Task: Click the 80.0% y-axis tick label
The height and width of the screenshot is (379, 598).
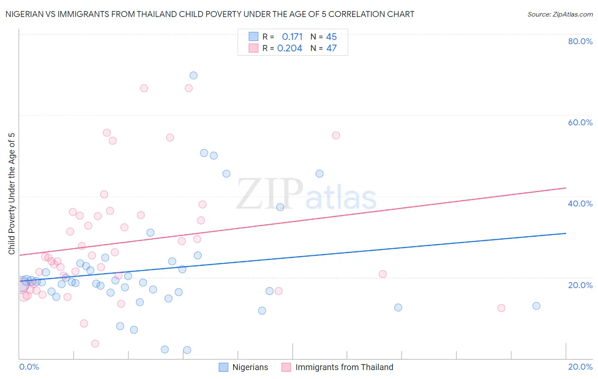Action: [x=580, y=41]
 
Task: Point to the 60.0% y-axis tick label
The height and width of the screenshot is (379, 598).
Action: [x=580, y=122]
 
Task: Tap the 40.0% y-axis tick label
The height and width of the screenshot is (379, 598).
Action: [x=580, y=204]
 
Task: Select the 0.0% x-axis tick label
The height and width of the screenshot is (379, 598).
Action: [x=29, y=367]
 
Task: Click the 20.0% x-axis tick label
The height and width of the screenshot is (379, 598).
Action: [x=580, y=367]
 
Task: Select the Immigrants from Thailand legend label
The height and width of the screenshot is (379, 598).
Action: [x=344, y=367]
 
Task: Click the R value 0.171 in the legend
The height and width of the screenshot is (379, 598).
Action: [x=292, y=37]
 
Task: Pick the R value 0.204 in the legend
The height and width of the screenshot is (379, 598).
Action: [x=290, y=48]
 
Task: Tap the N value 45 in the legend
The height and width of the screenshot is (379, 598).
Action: [x=331, y=37]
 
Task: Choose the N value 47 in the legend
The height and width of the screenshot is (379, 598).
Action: [x=331, y=48]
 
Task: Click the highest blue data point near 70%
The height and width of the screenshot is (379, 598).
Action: [x=194, y=76]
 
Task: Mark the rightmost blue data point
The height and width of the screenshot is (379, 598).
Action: [x=536, y=306]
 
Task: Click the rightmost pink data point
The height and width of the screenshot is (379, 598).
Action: [x=501, y=308]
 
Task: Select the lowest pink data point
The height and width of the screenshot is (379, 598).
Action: [x=95, y=343]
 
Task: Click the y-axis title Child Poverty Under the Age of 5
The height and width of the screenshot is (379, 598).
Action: [x=11, y=194]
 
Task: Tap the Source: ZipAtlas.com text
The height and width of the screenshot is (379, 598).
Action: [x=560, y=14]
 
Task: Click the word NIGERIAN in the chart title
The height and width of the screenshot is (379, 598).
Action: [x=26, y=14]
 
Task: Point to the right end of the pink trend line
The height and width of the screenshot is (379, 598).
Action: [x=566, y=188]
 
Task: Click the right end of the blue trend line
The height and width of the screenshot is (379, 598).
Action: [x=566, y=233]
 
